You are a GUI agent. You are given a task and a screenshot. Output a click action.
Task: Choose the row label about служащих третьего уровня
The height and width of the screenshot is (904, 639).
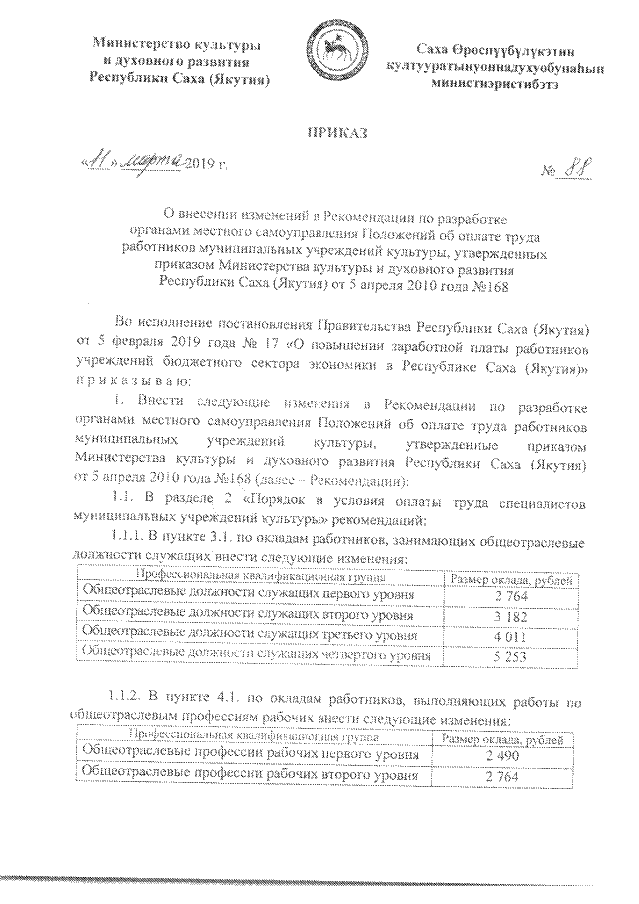[x=247, y=635]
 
